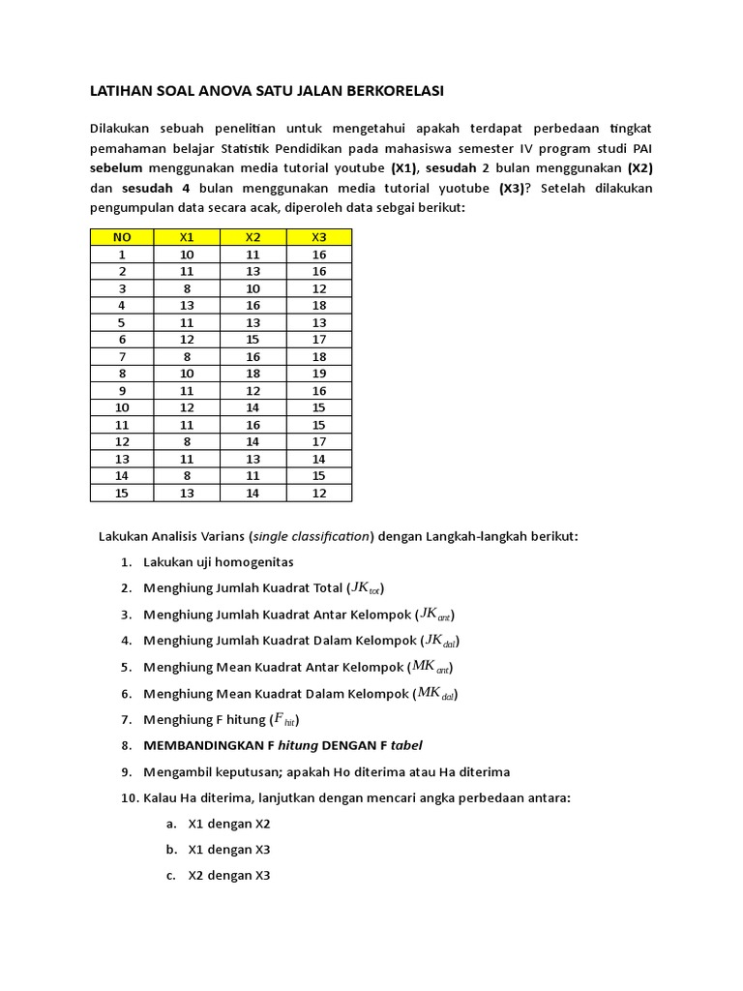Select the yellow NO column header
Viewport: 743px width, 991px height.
tap(122, 237)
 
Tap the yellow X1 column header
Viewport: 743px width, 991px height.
tap(187, 237)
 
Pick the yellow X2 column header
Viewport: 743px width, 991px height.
tap(253, 237)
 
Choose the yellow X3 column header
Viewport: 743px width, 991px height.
tap(318, 237)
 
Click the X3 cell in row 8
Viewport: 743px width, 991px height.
tap(318, 373)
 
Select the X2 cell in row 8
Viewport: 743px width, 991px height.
tap(253, 373)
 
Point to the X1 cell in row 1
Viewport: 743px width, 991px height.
tap(187, 255)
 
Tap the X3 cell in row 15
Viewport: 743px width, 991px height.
tap(318, 493)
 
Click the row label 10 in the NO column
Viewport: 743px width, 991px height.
tap(122, 407)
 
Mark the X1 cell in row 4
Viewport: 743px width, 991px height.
tap(187, 306)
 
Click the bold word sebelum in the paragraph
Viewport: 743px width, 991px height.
tap(116, 166)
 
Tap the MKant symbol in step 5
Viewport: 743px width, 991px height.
tap(431, 667)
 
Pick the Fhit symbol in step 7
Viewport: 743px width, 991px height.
tap(285, 719)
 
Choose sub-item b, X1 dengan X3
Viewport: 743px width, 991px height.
tap(228, 850)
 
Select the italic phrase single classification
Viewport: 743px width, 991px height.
tap(312, 536)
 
